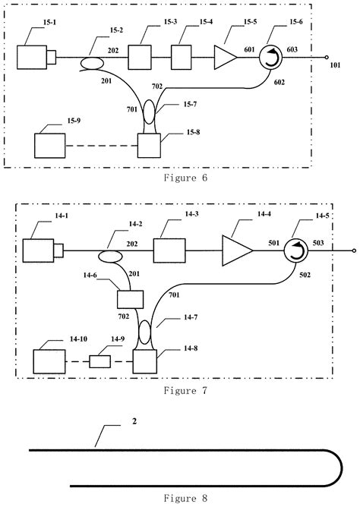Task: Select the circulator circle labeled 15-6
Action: coord(270,56)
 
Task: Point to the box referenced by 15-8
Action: coord(150,144)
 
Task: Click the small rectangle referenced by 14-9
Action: coord(100,361)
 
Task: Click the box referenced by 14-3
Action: coord(170,250)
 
